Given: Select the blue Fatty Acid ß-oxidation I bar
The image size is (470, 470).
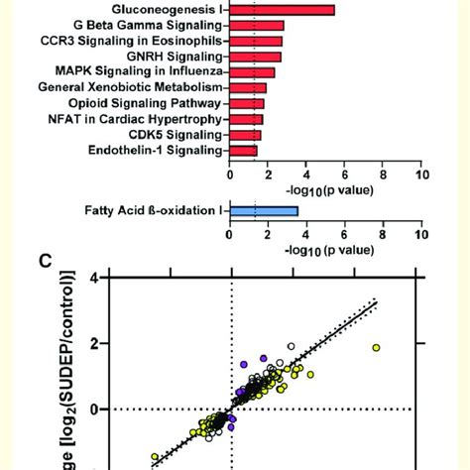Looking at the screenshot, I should point(264,210).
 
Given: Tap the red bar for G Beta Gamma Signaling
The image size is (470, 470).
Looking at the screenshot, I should point(257,26).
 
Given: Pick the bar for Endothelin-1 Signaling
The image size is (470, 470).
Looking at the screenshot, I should point(244,151).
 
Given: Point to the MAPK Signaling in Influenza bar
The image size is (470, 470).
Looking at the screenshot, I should point(253,72).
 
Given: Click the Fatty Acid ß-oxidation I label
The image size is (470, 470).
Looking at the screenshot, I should point(153,210).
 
